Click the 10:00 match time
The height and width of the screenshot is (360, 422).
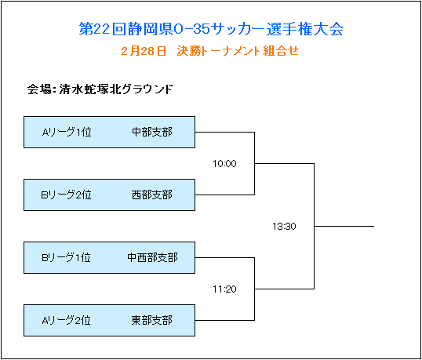(x=224, y=164)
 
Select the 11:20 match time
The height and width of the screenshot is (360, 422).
(x=224, y=289)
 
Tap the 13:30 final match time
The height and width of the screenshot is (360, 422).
(x=284, y=227)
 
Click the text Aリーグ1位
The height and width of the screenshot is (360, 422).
(x=67, y=132)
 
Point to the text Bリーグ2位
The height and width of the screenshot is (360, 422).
(x=66, y=195)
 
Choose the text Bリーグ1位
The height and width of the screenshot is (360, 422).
(x=66, y=258)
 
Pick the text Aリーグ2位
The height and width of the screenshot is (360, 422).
(x=66, y=321)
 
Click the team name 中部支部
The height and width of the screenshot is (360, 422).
(x=152, y=132)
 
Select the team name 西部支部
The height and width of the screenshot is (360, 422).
(x=152, y=195)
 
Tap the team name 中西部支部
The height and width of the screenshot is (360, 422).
(x=152, y=258)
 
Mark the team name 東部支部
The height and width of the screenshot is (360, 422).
(x=152, y=321)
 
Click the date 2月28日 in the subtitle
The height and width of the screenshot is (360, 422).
(x=144, y=51)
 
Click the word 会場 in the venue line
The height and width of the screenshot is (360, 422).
(x=39, y=89)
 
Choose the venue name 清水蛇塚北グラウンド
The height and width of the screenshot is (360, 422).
(x=116, y=89)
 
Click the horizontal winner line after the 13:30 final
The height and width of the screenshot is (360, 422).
(x=344, y=227)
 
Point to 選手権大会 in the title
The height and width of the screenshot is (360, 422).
(x=305, y=29)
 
